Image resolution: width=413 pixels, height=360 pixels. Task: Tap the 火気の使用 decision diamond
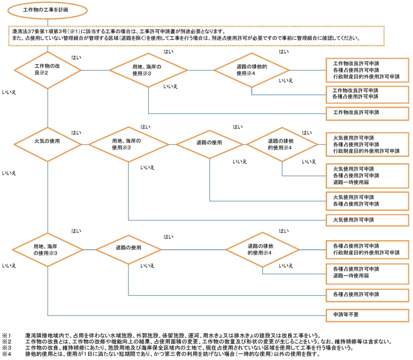(x=48, y=142)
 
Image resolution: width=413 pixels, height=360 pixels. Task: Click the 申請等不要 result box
(x=367, y=316)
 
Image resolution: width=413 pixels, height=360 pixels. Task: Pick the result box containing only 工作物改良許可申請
(x=367, y=112)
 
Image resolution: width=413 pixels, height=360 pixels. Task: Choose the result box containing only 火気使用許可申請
(x=367, y=220)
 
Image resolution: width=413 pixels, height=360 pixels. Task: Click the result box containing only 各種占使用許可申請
(x=367, y=294)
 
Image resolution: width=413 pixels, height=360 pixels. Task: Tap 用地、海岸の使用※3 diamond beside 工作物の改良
(x=148, y=70)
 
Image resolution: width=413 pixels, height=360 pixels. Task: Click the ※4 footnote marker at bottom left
(x=6, y=354)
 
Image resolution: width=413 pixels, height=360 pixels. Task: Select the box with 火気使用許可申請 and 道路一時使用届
(x=367, y=176)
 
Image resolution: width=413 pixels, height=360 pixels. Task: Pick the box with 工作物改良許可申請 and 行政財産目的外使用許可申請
(x=367, y=70)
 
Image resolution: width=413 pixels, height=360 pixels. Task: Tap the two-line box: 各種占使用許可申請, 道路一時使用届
(x=367, y=272)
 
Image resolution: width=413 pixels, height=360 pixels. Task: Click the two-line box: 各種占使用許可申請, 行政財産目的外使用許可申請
(x=367, y=249)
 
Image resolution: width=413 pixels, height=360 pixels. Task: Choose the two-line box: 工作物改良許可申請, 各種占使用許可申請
(x=367, y=94)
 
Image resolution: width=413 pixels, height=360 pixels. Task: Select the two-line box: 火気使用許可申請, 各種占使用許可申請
(x=367, y=200)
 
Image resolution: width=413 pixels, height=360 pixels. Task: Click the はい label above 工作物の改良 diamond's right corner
(x=76, y=58)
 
